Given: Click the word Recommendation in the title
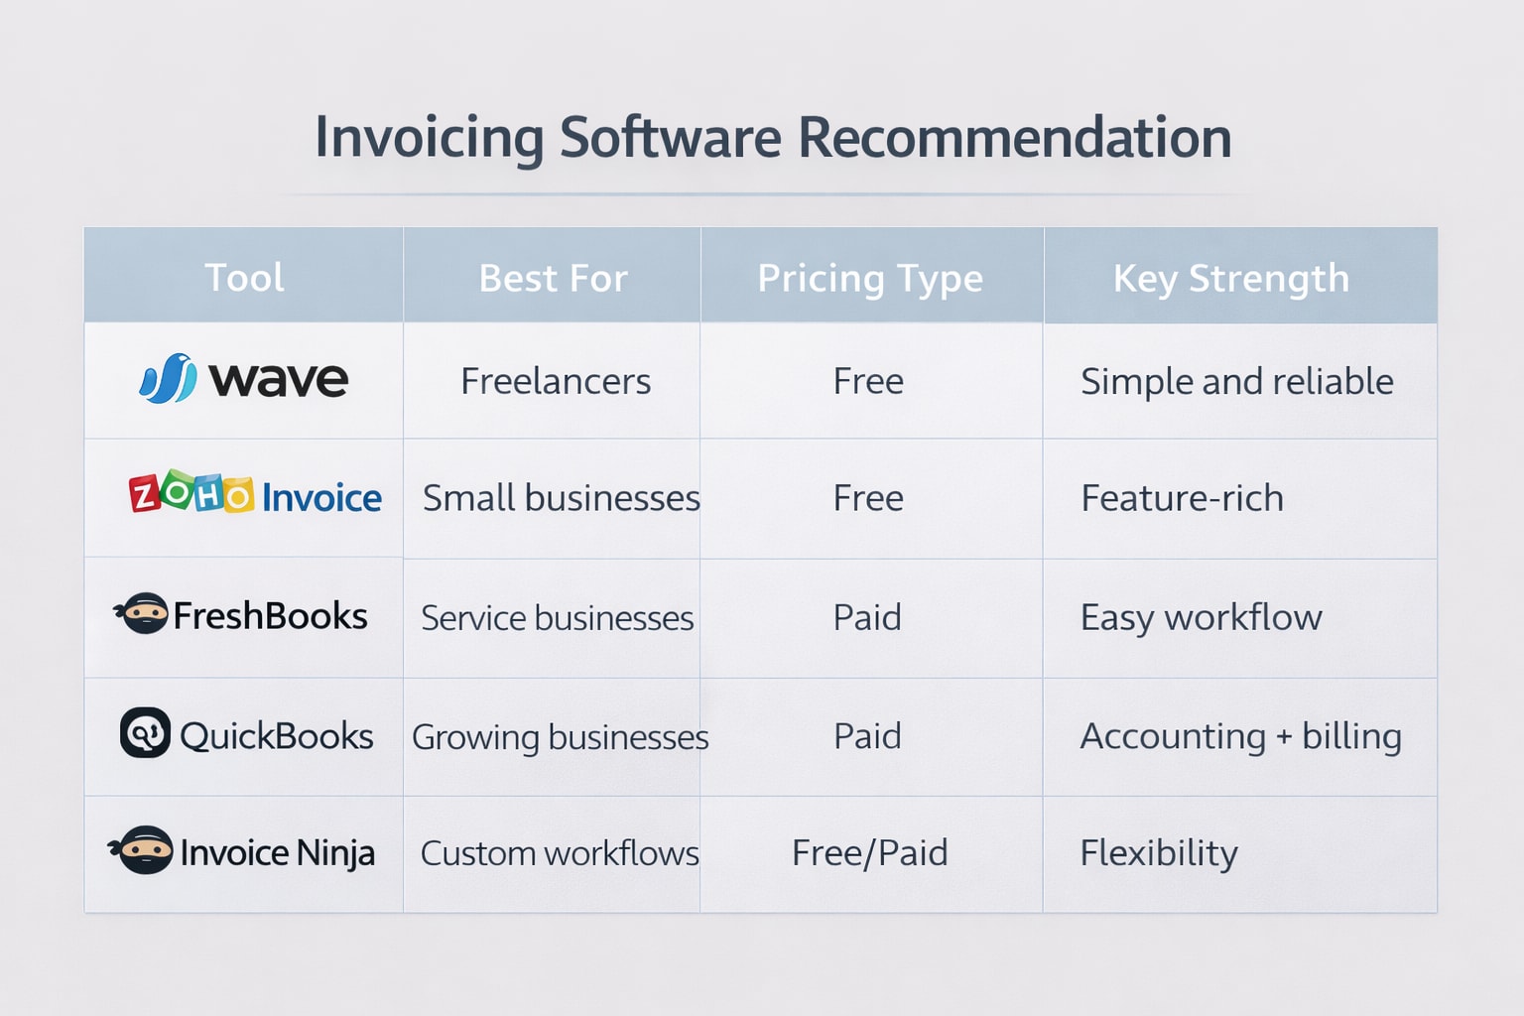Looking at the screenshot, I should (x=1014, y=137).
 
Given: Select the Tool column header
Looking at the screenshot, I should (x=244, y=278).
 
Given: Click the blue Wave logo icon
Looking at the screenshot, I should (x=168, y=379).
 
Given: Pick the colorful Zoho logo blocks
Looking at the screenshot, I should (x=191, y=492).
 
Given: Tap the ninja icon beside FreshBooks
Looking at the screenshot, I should (x=143, y=613).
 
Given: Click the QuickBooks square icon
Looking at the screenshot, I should (x=145, y=733).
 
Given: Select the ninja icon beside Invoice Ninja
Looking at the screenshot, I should (x=144, y=850).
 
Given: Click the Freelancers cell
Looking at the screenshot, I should (x=556, y=381).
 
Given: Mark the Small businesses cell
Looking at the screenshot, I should (x=561, y=498).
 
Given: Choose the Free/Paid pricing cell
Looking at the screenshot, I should (x=869, y=853).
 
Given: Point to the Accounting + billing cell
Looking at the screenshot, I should (x=1240, y=736).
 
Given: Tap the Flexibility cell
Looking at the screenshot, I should (x=1159, y=853).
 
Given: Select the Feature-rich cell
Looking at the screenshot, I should (x=1182, y=498).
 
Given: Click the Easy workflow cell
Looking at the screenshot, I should (x=1201, y=617).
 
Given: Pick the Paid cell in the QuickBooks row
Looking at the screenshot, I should (x=867, y=736).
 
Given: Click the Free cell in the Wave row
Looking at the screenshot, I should (x=868, y=381).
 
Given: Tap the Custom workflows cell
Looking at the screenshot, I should (x=560, y=853).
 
